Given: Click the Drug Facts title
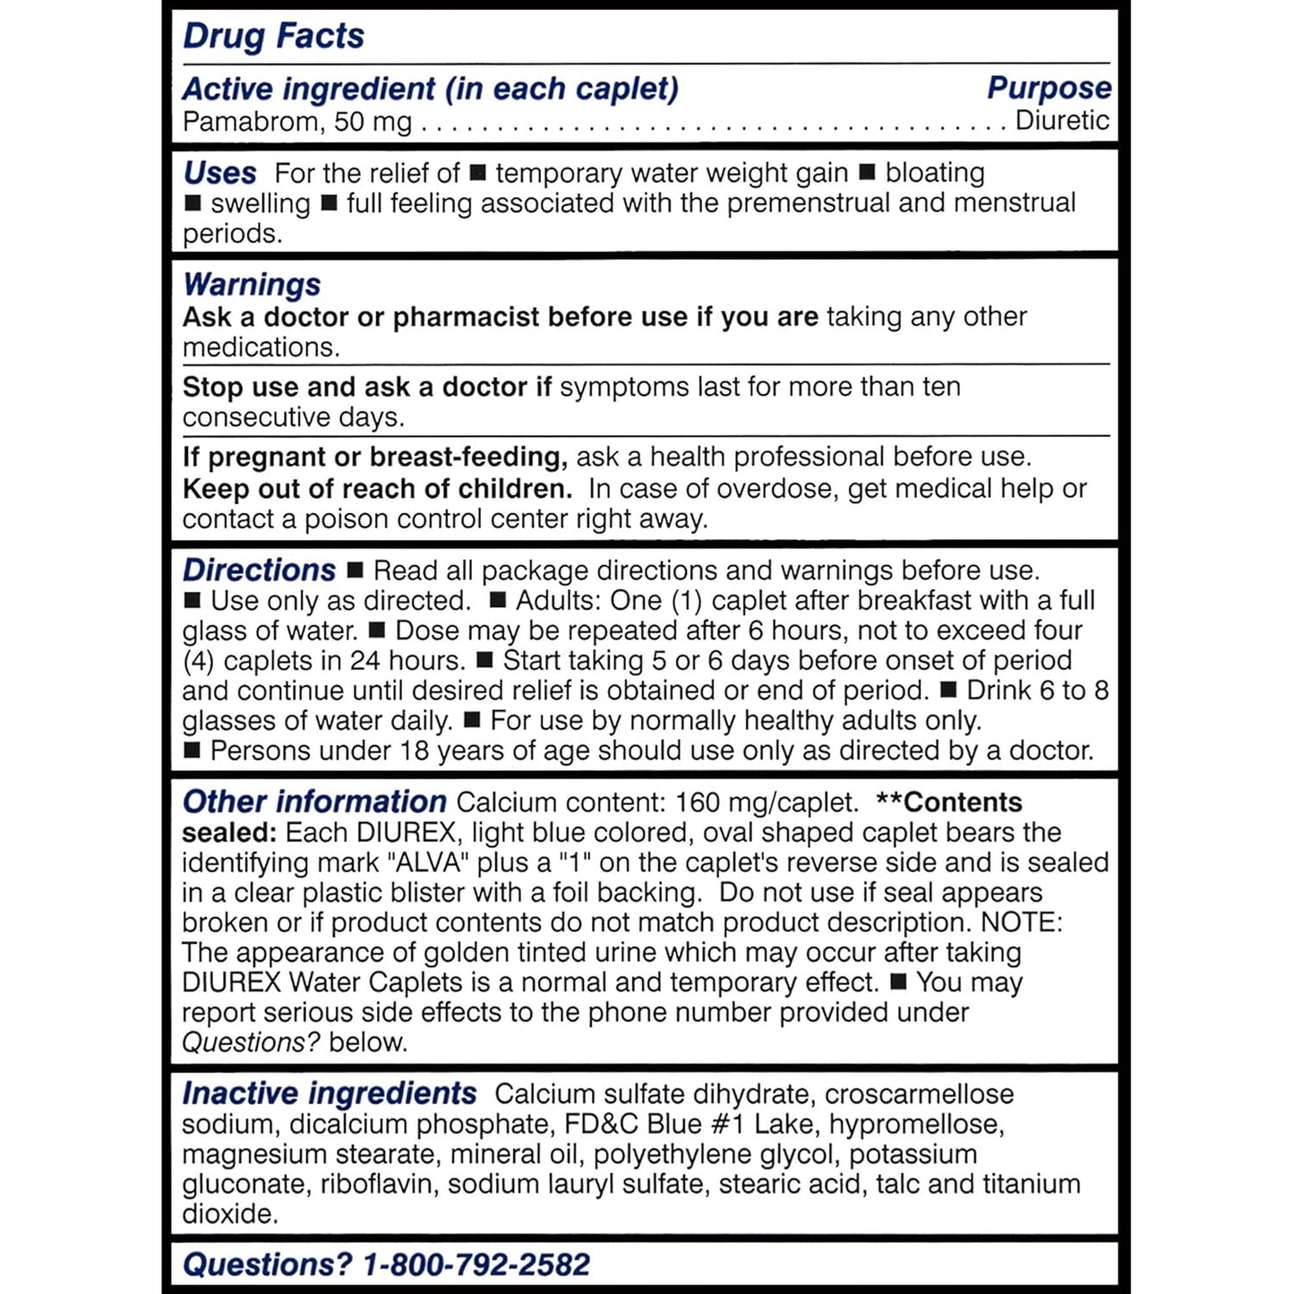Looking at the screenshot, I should [273, 37].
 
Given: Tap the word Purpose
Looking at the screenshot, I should [1049, 88].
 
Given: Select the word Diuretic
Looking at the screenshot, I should [1062, 120].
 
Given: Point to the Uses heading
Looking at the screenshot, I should [219, 173].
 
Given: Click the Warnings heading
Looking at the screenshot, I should [252, 285].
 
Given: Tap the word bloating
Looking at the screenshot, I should [935, 172].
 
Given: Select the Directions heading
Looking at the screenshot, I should [259, 570].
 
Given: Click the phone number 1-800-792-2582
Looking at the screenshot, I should [476, 1264].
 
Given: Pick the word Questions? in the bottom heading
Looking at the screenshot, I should [268, 1264].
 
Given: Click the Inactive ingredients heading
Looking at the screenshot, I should [329, 1093].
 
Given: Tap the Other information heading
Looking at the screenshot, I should [314, 801].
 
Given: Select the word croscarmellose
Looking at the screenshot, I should [919, 1093].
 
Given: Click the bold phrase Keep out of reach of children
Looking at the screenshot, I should [377, 489].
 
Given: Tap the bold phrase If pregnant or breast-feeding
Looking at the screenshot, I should [374, 457].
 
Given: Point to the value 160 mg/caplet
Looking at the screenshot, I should [767, 801].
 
